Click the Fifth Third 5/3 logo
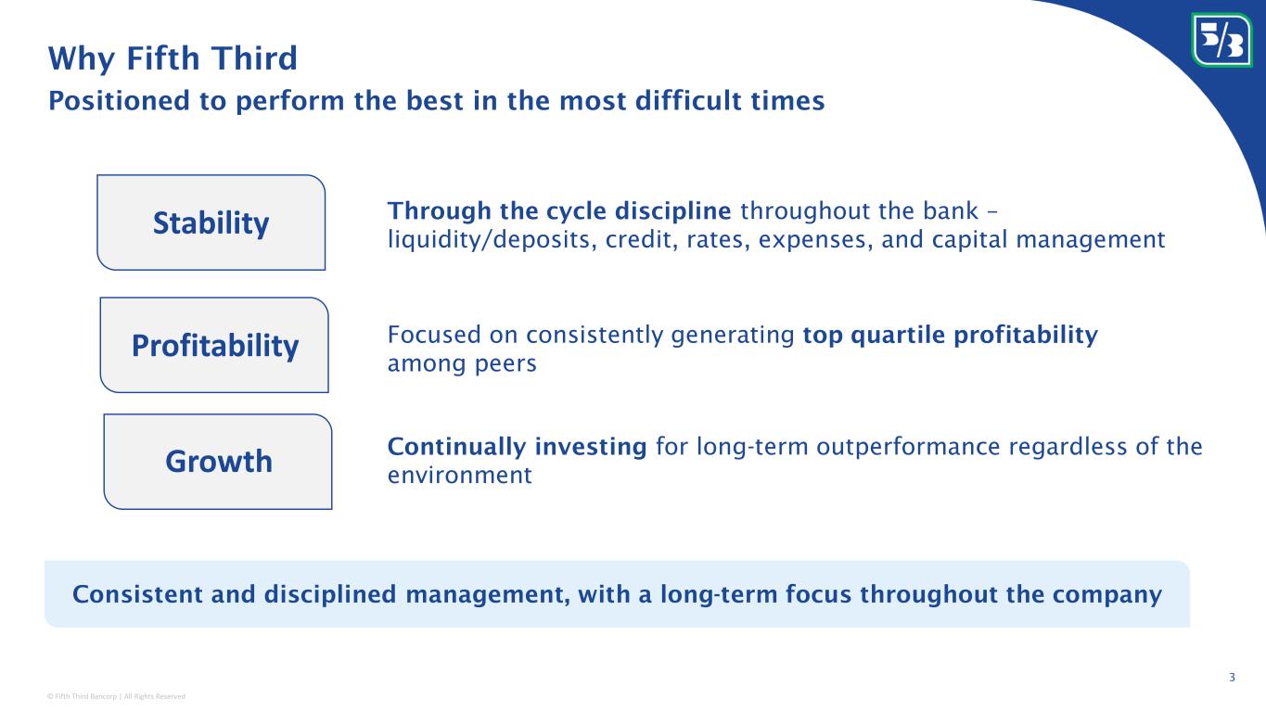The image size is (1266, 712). [1221, 40]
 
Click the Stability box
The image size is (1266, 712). [211, 222]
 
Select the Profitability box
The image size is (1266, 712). [214, 345]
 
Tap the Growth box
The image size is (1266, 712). [218, 462]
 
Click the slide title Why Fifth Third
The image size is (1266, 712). [173, 58]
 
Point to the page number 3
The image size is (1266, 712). [1232, 677]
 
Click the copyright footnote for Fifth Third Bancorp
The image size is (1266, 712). [116, 696]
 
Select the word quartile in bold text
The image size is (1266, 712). [898, 336]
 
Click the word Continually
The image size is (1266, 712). [456, 448]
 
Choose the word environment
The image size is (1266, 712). [459, 476]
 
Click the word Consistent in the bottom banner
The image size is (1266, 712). [137, 594]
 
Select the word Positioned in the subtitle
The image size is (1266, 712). [120, 101]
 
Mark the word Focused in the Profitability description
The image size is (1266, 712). [434, 335]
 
